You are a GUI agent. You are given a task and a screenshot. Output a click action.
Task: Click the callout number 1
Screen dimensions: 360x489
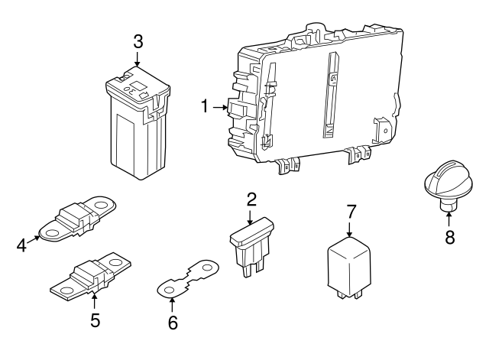205,107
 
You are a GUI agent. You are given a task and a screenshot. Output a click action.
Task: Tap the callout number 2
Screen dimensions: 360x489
251,200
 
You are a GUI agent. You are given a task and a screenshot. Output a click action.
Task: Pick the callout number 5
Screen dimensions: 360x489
95,319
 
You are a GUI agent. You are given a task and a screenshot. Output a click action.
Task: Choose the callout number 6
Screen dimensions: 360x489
173,323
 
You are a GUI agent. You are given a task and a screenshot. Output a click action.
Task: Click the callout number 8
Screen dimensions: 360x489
449,237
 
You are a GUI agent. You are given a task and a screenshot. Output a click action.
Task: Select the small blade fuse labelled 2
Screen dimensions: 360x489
250,242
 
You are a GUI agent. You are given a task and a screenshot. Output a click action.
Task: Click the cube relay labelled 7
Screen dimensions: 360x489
348,262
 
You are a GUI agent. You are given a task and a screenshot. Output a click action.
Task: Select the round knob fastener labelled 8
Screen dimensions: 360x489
444,189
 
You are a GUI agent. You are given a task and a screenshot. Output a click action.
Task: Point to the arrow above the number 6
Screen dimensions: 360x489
172,303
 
